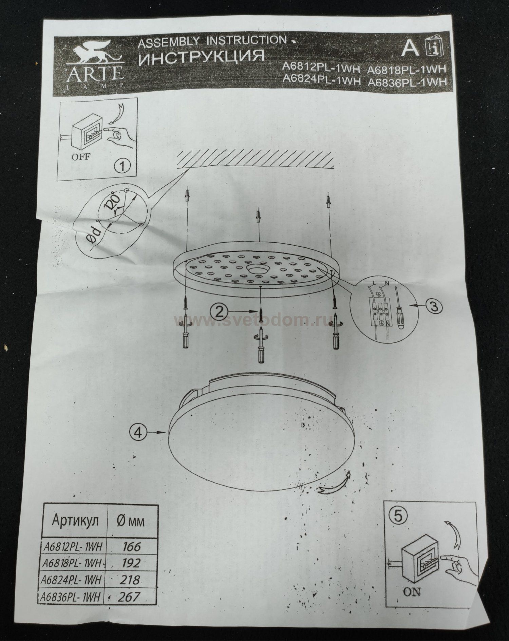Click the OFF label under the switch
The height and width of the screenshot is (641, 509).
(81, 157)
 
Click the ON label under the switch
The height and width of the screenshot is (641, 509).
(412, 592)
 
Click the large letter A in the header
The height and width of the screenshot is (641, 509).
(410, 49)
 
